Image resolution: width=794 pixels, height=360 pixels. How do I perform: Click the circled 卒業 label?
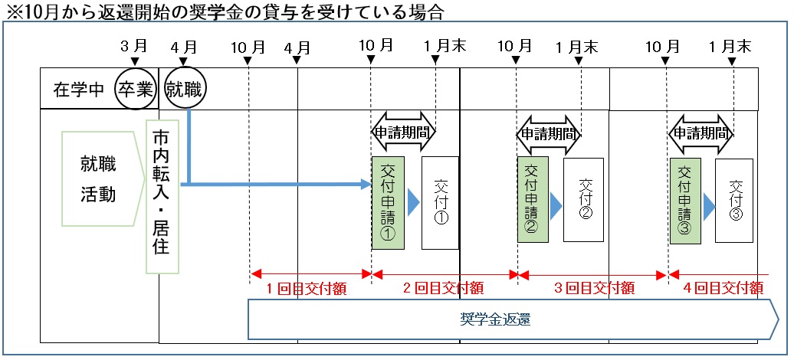135,89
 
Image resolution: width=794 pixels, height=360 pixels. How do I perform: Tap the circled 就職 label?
185,89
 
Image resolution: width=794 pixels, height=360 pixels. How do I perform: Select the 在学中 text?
78,89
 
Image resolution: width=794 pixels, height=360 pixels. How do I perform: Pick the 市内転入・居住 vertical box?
162,195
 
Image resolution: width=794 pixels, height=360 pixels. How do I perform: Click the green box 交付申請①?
387,202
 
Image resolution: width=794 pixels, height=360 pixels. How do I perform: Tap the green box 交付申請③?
684,200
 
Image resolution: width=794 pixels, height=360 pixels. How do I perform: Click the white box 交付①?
440,202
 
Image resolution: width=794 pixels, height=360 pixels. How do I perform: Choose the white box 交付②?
584,200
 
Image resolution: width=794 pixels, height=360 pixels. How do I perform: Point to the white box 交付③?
734,200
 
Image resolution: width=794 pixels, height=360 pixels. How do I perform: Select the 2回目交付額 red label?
444,288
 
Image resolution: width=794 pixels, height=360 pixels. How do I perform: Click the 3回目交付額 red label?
594,288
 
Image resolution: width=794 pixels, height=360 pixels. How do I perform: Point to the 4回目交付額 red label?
723,288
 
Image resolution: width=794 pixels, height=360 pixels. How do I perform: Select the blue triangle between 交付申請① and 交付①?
412,202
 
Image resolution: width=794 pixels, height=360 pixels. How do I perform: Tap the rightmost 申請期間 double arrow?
701,132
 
